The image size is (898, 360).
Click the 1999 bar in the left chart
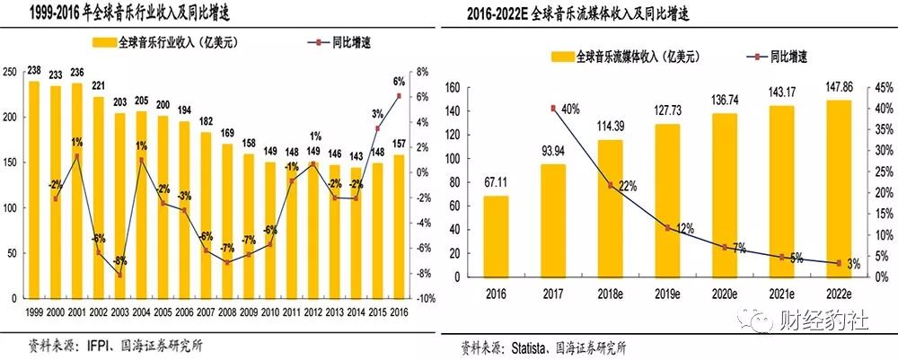click(x=33, y=189)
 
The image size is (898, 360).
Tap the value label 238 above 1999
click(x=34, y=72)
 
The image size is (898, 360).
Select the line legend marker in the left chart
click(x=320, y=42)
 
